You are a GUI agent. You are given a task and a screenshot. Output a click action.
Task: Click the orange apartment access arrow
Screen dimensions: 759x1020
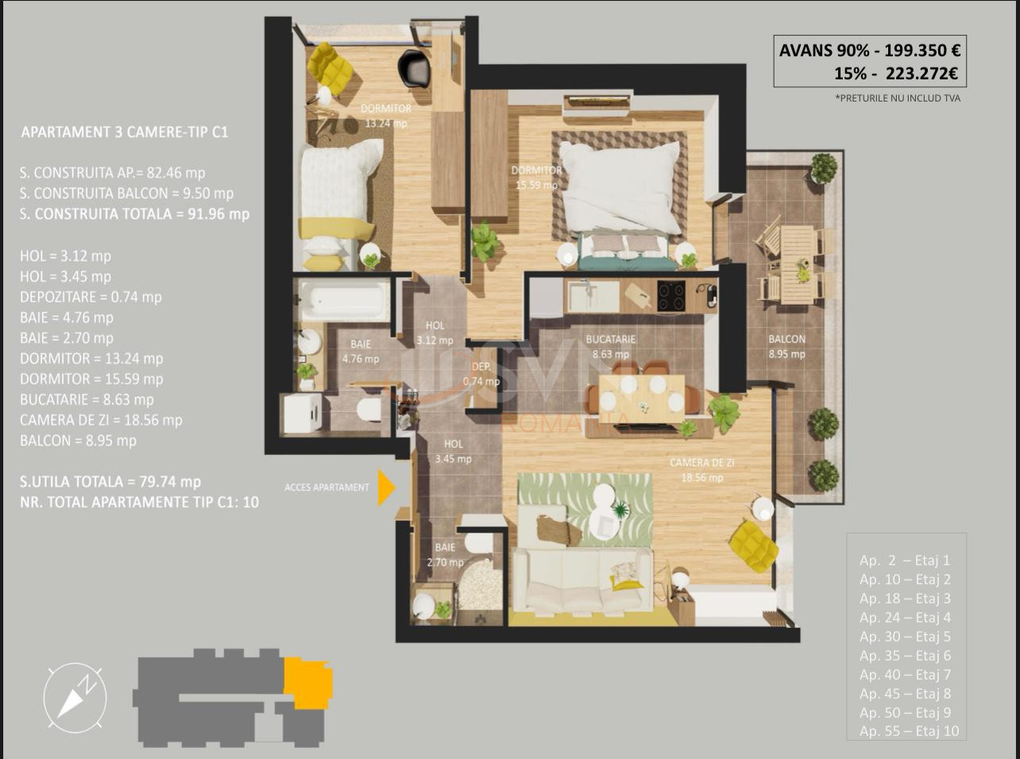[x=386, y=487]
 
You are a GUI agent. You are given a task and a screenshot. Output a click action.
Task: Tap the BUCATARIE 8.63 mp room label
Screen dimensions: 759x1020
[x=610, y=347]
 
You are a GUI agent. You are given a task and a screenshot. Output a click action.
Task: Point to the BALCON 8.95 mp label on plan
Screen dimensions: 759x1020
[x=786, y=346]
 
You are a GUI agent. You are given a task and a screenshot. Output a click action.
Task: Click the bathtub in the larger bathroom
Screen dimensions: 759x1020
[x=343, y=299]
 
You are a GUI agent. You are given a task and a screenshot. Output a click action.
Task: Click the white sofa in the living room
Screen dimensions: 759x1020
[x=581, y=580]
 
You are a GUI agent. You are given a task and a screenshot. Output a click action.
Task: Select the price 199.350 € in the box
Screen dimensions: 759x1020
[x=917, y=51]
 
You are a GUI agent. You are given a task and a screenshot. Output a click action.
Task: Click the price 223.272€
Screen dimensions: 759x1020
[x=917, y=74]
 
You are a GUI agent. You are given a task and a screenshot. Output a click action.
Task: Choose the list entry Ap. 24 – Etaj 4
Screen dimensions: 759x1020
[x=905, y=618]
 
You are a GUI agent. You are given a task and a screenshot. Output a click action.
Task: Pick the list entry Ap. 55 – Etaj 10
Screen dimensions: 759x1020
[x=909, y=731]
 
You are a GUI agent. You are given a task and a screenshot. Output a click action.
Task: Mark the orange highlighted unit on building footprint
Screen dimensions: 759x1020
[x=308, y=681]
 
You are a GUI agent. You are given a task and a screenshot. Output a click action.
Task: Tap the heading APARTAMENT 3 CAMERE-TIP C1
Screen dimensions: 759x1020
[x=125, y=133]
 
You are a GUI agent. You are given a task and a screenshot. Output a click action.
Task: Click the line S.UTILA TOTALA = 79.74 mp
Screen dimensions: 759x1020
[x=110, y=482]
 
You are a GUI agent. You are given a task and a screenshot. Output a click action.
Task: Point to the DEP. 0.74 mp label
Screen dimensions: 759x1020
[x=481, y=374]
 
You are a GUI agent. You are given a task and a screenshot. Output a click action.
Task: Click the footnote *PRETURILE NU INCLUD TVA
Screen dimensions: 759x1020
[x=898, y=98]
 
